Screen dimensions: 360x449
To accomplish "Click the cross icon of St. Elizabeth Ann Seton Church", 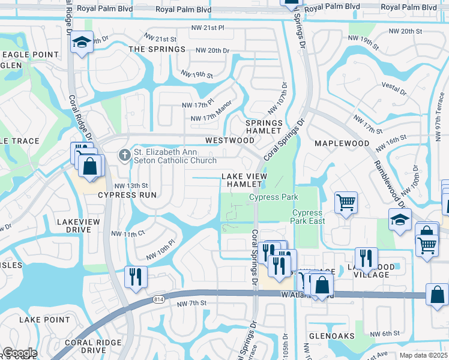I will (125, 155).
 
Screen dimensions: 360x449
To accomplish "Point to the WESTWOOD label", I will (230, 140).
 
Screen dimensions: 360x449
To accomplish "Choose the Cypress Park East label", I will (309, 217).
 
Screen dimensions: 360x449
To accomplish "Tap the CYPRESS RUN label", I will (127, 195).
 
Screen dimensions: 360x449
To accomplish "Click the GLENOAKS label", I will (330, 337).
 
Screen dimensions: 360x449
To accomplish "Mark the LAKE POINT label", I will (44, 320).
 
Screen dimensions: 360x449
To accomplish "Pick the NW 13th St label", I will (131, 185).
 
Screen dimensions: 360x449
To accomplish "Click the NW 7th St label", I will (191, 304).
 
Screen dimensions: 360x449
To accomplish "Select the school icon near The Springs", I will (82, 43).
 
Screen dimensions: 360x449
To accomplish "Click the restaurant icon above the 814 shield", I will (136, 276).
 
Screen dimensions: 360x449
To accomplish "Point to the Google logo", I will (20, 353).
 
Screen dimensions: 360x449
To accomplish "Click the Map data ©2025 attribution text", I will (423, 355).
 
